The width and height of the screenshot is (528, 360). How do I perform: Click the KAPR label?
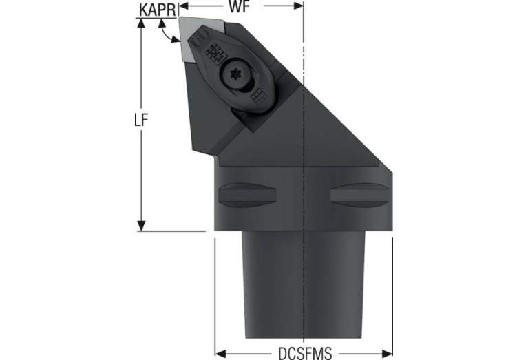click(157, 10)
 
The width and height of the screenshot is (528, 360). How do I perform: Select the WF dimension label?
click(239, 7)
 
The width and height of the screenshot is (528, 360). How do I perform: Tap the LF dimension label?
click(141, 120)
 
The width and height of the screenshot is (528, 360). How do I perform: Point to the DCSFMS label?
click(305, 353)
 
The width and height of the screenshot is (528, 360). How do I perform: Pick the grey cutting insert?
click(200, 38)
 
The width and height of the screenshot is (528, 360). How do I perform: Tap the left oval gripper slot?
click(248, 195)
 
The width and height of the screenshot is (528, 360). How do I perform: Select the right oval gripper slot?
click(359, 195)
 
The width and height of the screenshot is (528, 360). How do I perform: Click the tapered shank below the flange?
click(304, 284)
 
